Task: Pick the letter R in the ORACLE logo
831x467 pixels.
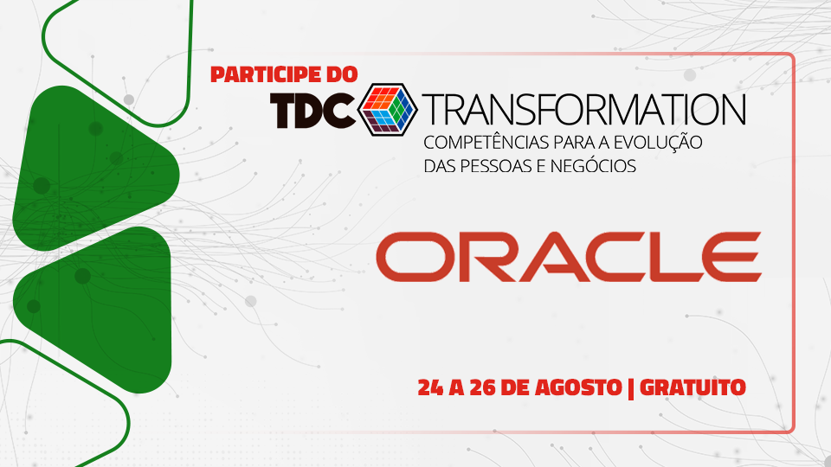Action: click(x=473, y=257)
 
